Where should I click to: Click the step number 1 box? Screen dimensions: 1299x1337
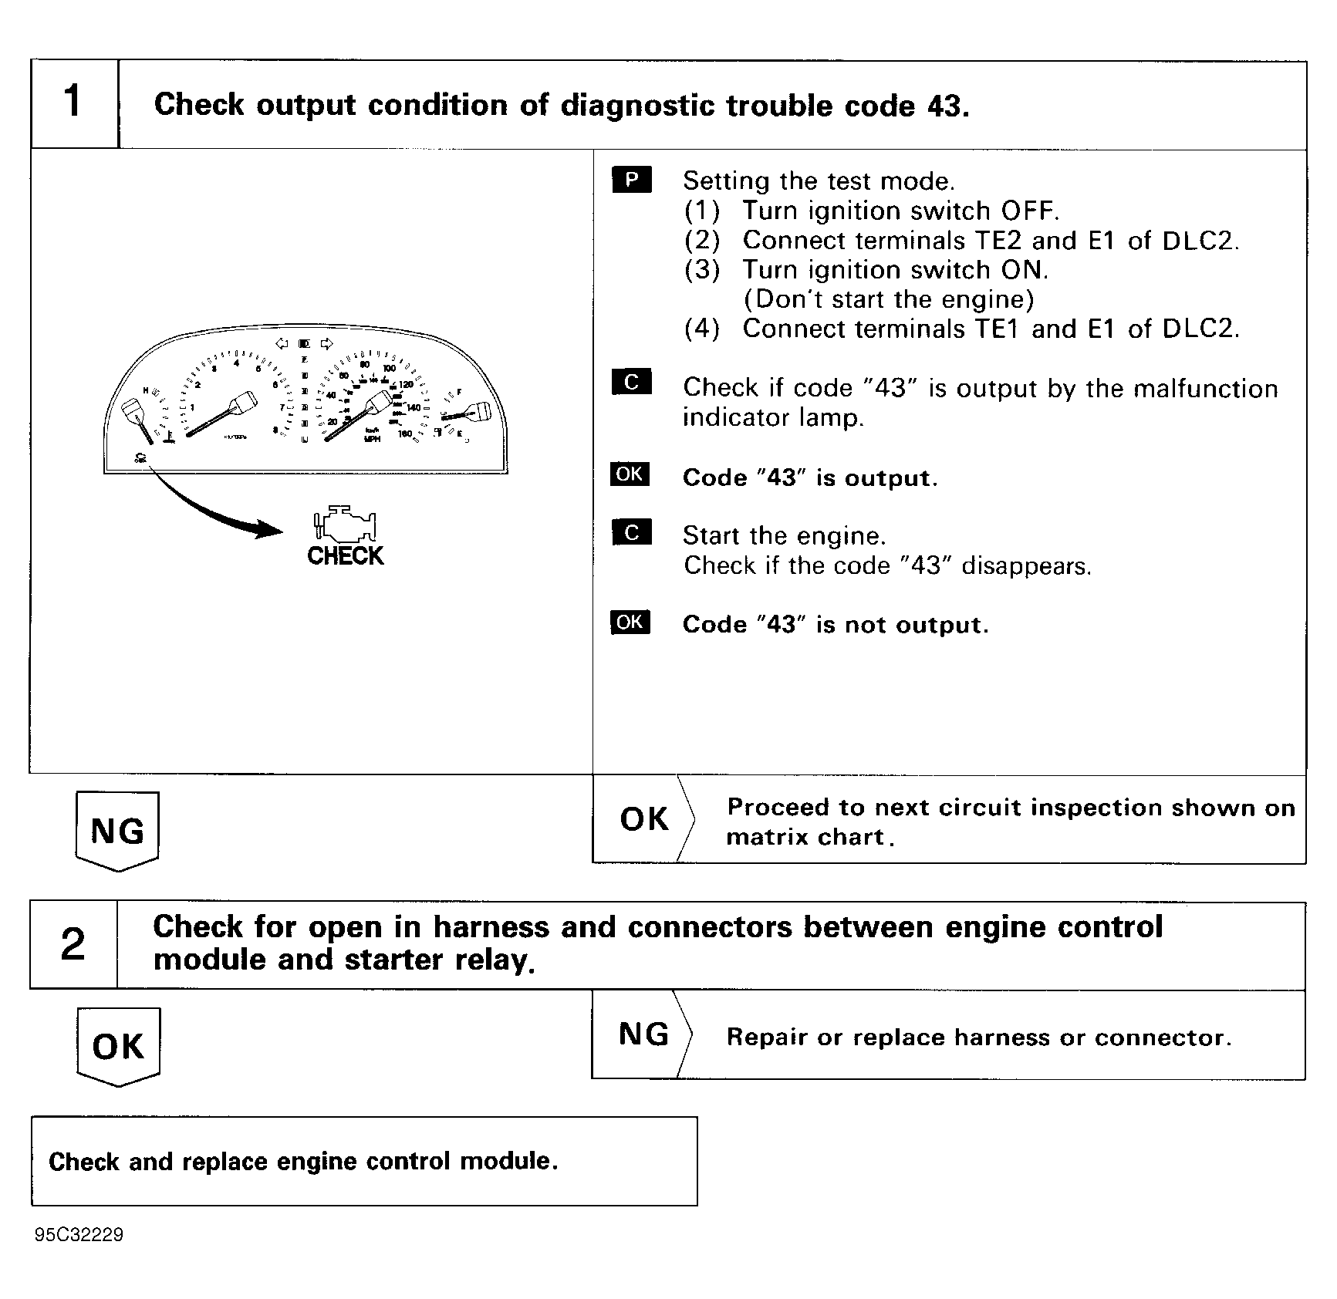click(73, 103)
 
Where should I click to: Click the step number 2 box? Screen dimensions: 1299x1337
click(73, 944)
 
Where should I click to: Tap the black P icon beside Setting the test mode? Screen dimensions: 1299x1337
click(631, 180)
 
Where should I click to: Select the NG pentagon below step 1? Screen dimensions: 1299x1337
click(117, 831)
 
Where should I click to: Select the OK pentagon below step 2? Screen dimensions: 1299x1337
click(118, 1046)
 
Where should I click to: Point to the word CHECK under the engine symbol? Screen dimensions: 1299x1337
click(345, 556)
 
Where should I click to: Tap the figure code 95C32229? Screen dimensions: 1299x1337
click(79, 1235)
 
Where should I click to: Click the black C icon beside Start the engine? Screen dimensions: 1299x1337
click(631, 533)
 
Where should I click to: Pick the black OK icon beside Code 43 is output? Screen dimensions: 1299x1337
click(630, 474)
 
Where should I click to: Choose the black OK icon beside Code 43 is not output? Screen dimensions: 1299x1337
click(630, 622)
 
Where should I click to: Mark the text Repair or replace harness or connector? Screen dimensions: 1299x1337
click(978, 1038)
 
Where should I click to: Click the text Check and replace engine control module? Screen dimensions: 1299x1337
click(302, 1161)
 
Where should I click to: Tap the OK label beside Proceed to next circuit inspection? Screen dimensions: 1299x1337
click(643, 819)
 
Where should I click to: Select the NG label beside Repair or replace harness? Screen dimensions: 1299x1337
click(643, 1034)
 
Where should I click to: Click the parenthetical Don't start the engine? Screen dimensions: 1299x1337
click(888, 299)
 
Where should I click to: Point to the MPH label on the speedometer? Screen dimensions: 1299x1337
click(373, 440)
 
